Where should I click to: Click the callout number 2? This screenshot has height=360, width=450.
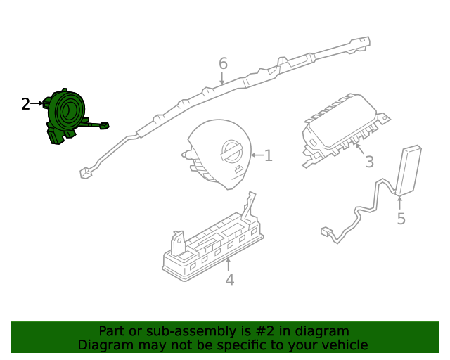click(25, 104)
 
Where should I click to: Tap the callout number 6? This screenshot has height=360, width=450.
click(223, 63)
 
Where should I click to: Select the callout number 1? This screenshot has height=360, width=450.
click(268, 155)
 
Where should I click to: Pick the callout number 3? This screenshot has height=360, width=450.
click(369, 162)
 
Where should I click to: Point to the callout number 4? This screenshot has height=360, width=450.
click(229, 281)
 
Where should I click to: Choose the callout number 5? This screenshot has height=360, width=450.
click(401, 219)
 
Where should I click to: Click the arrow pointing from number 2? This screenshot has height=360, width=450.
click(37, 104)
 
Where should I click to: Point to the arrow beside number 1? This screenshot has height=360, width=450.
click(255, 155)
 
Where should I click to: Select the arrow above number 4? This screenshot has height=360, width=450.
click(229, 264)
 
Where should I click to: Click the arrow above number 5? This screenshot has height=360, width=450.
click(401, 202)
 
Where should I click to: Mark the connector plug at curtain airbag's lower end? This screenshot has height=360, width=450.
click(85, 170)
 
